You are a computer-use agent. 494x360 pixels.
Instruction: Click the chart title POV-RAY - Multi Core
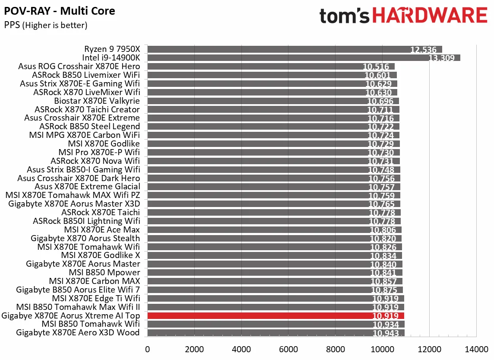pyautogui.click(x=60, y=11)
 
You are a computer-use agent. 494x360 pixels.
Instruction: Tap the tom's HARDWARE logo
pyautogui.click(x=403, y=16)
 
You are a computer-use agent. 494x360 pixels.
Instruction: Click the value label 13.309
pyautogui.click(x=441, y=58)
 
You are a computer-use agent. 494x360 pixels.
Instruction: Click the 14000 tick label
pyautogui.click(x=476, y=349)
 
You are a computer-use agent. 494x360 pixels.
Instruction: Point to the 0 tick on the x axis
pyautogui.click(x=148, y=349)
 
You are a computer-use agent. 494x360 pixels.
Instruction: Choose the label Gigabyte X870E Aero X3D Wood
pyautogui.click(x=78, y=332)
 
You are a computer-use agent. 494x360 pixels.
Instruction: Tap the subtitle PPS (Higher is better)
pyautogui.click(x=46, y=25)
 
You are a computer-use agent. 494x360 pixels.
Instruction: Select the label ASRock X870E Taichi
pyautogui.click(x=101, y=212)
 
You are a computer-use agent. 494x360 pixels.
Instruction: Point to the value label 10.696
pyautogui.click(x=380, y=101)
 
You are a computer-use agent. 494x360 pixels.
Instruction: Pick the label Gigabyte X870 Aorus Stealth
pyautogui.click(x=85, y=238)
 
